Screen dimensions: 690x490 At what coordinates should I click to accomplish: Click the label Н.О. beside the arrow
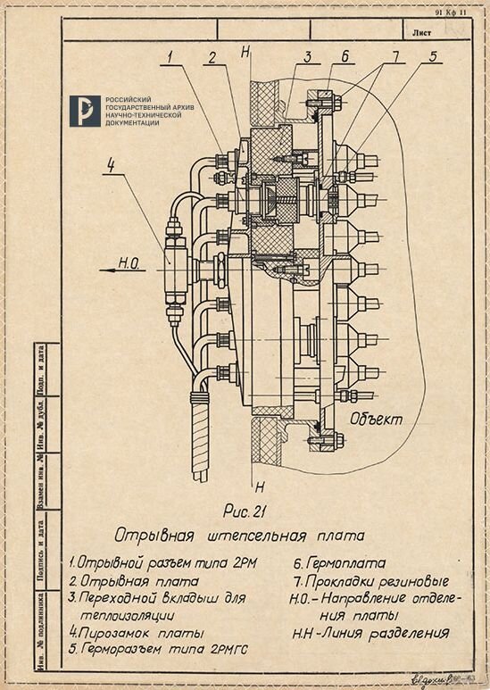[131, 262]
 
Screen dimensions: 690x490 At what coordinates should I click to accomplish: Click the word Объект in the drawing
[377, 418]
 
